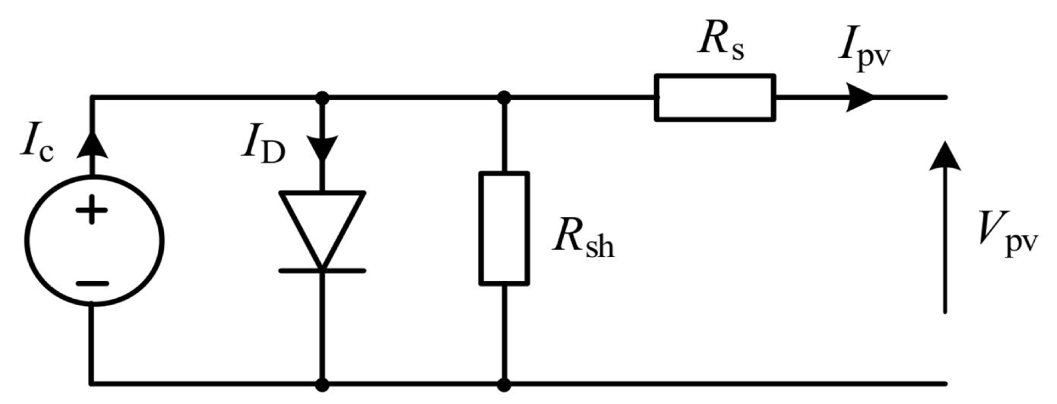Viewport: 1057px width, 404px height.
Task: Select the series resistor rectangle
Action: click(x=715, y=98)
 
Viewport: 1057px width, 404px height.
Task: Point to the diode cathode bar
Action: click(x=322, y=270)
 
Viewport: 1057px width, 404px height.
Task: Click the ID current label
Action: click(x=263, y=150)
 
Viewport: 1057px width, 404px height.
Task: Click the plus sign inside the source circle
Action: click(x=92, y=210)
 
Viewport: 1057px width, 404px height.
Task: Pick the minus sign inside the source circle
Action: click(x=92, y=283)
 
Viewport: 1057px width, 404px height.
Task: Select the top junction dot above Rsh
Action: click(x=504, y=98)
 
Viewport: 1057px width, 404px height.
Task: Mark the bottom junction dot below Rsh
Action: click(x=504, y=385)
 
